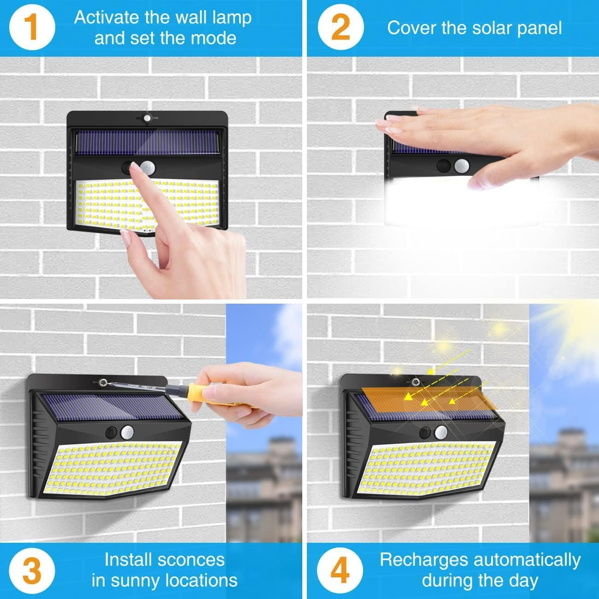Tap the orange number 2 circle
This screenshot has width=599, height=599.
point(341,28)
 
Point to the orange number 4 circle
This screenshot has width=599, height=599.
point(341,570)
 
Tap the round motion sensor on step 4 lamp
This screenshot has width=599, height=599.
point(442,432)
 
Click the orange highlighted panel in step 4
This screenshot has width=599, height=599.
point(429,399)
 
